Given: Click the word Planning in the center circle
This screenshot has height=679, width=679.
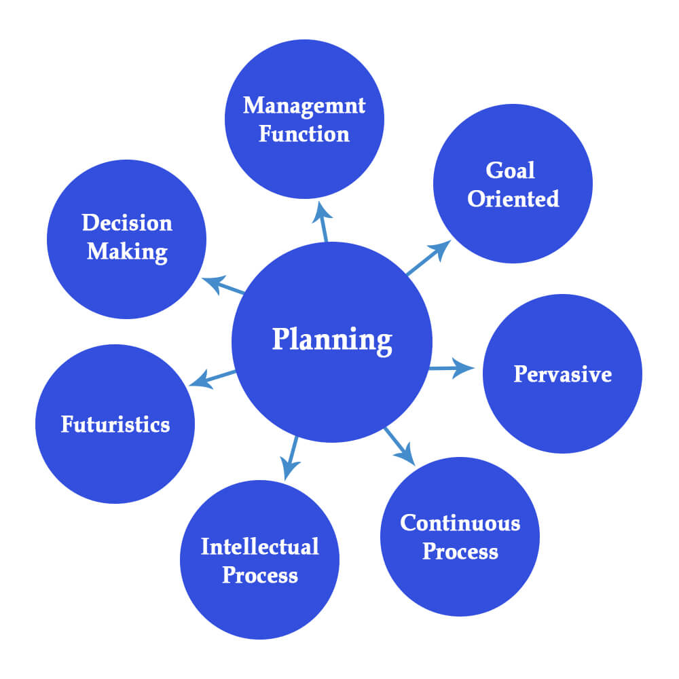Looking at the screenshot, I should [332, 339].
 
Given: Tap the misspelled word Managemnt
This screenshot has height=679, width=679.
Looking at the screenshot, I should [304, 105].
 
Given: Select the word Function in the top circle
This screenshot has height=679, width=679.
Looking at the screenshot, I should [304, 134].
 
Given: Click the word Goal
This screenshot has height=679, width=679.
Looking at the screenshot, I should [511, 170].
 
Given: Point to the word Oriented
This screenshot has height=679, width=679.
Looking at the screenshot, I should [513, 199].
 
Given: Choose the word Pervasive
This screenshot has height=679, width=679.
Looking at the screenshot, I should [562, 374].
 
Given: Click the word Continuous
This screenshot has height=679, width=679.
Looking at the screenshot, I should [460, 523].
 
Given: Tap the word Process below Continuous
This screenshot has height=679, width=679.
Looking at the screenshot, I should [460, 551].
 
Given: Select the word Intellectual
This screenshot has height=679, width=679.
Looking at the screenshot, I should [259, 547].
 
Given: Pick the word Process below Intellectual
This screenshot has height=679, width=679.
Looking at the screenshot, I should [260, 576].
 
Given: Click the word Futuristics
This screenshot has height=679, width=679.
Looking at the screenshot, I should [115, 424].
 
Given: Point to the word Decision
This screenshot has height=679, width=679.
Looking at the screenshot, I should [127, 223].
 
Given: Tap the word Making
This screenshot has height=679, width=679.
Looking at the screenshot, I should [127, 252].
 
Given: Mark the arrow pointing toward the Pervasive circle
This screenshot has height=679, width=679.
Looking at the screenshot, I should [451, 369].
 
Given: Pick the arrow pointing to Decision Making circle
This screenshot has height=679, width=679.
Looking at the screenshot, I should [224, 285].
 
